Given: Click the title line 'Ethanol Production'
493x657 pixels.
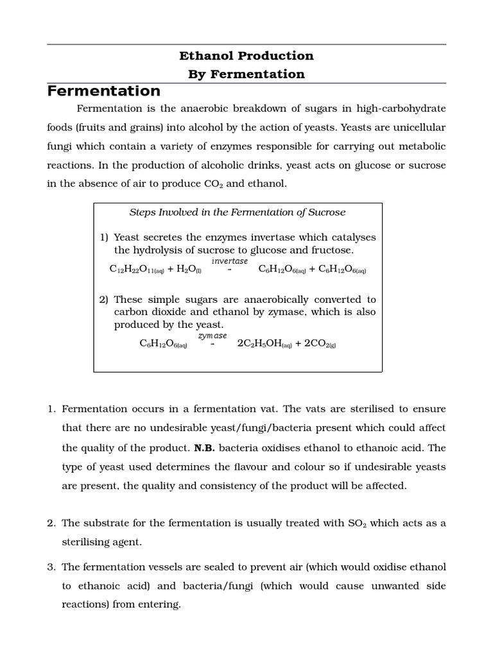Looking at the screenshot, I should [246, 56].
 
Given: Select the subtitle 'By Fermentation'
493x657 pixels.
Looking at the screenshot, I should [246, 74].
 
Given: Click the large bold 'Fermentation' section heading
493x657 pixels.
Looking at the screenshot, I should [104, 91].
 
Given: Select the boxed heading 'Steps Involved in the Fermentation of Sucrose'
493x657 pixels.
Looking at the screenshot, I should [238, 212].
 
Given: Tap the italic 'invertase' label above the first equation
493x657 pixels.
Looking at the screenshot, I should [230, 261].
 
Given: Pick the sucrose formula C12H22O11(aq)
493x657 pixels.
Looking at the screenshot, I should [137, 270].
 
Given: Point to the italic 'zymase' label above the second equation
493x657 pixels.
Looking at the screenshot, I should [212, 336].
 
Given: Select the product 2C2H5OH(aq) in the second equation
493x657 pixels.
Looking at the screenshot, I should [264, 344].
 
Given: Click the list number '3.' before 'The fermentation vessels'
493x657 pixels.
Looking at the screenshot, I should [52, 567].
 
